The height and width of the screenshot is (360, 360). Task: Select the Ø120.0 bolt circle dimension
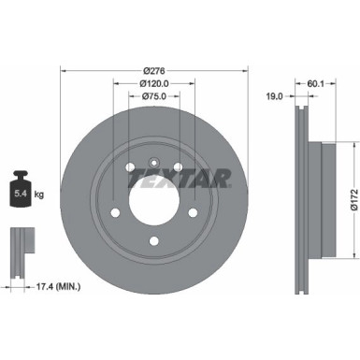(155, 82)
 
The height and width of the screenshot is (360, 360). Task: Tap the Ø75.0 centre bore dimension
(155, 95)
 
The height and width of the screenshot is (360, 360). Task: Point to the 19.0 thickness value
(277, 94)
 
